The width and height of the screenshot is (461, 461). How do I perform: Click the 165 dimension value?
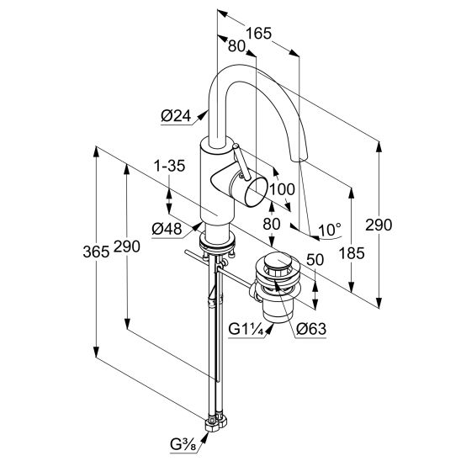pos(259,33)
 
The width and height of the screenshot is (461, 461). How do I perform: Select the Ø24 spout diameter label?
pos(176,116)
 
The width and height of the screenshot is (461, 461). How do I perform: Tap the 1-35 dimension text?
pos(170,166)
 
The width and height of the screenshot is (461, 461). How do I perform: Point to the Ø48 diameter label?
pos(167,229)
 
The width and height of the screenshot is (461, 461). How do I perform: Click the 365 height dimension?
pos(96,252)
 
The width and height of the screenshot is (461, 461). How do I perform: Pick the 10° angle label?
pos(330,230)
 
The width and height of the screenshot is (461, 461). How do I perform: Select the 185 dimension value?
pos(352,253)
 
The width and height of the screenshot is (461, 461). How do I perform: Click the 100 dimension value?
pos(283,189)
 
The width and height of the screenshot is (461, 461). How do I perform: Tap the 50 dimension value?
pos(315,260)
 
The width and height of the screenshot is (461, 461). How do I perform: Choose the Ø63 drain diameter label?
pos(311,329)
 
